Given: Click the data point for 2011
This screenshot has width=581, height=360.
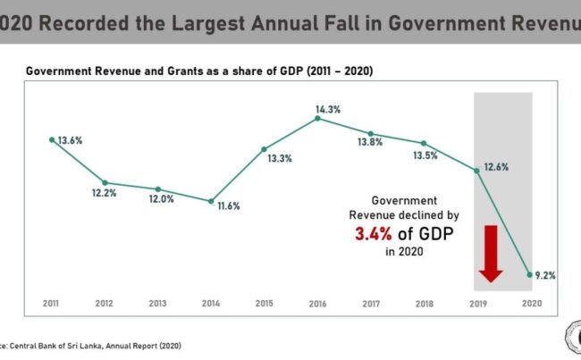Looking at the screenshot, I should coord(52,139).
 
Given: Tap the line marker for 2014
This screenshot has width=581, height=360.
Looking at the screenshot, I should coord(211,201).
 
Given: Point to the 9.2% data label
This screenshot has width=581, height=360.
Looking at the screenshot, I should coord(545,276).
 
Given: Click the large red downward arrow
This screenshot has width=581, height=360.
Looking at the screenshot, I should coord(489,254).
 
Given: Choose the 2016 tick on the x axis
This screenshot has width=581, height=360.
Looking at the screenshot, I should coord(318,304).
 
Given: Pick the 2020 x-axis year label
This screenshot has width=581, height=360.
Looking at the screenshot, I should coord(530,304).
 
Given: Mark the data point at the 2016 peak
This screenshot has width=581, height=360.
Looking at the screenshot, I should coord(318,119).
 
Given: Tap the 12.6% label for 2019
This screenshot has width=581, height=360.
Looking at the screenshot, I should coord(497,165).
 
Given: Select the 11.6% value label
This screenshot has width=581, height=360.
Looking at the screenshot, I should coord(228,206).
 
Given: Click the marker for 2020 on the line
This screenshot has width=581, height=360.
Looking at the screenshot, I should coord(530,274).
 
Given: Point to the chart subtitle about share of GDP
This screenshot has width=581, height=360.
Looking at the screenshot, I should coord(198,70).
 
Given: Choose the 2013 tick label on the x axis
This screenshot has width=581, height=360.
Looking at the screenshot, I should coord(158,304).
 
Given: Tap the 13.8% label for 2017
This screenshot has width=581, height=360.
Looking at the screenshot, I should coord(382,141).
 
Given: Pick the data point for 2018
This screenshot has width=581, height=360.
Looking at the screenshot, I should coord(424,143).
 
